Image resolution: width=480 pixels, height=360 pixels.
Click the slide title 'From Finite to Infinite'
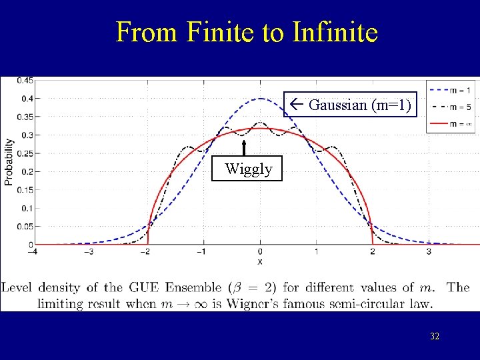(x=247, y=32)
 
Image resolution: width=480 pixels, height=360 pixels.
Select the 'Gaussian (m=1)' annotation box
(x=351, y=105)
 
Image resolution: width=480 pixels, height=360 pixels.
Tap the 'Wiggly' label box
(x=249, y=169)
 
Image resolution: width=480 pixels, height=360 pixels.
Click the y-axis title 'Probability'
(x=9, y=161)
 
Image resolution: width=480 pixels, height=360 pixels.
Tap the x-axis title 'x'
(x=260, y=262)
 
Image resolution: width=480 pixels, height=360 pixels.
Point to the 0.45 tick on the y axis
(x=25, y=81)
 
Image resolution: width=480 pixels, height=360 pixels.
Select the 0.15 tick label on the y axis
(x=25, y=190)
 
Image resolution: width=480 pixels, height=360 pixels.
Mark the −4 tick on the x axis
(x=31, y=253)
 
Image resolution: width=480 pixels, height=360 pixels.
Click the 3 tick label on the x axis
(x=428, y=253)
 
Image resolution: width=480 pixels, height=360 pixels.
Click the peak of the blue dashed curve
(x=260, y=99)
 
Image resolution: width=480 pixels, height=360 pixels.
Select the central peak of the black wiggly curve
(x=260, y=123)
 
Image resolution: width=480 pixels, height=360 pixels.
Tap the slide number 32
(x=434, y=337)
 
